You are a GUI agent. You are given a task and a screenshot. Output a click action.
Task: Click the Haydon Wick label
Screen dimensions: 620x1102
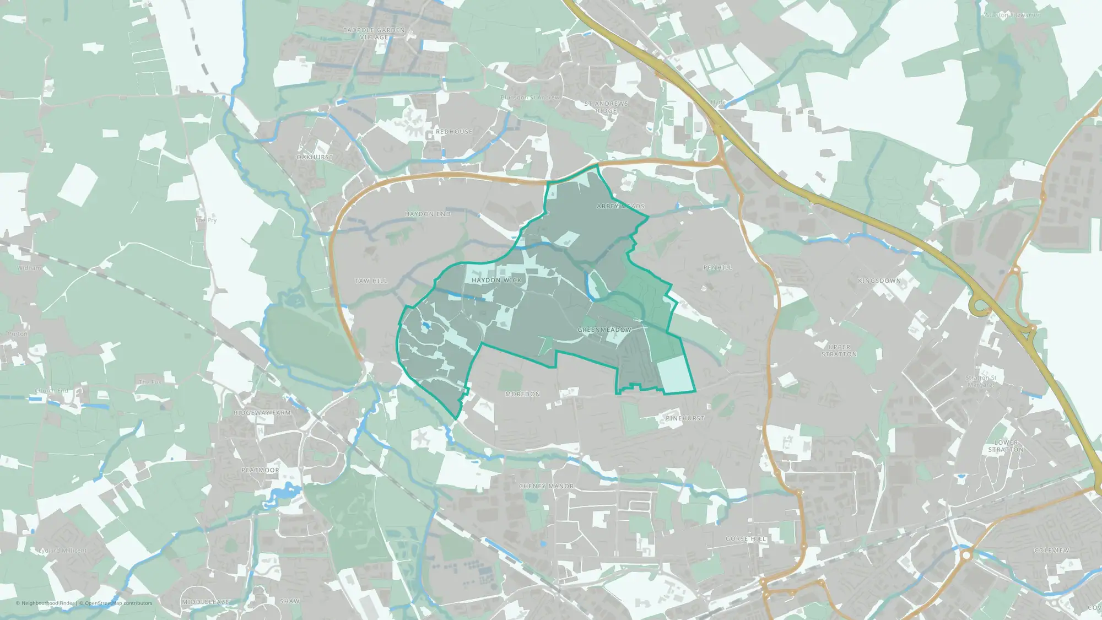[496, 280]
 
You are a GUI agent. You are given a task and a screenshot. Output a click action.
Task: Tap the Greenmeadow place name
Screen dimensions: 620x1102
[604, 330]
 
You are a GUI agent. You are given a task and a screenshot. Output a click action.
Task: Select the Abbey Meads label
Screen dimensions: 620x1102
[620, 206]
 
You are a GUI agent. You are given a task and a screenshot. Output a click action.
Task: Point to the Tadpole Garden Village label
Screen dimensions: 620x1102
[374, 34]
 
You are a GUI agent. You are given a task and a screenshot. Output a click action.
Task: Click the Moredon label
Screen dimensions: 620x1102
[523, 394]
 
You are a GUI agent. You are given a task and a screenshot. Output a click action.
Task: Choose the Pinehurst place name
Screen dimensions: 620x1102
[685, 418]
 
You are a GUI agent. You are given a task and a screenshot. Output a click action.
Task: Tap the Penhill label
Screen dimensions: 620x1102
[718, 267]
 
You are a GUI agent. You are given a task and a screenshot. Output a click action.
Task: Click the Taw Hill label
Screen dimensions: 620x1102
[371, 281]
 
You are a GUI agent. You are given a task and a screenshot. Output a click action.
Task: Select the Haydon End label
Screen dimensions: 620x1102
[428, 214]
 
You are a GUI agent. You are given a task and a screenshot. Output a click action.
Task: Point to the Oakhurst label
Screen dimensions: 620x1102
[315, 157]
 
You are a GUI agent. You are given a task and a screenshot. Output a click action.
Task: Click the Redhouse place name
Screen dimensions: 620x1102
[454, 132]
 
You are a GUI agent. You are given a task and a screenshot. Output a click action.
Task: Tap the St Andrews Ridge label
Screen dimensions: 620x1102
[606, 107]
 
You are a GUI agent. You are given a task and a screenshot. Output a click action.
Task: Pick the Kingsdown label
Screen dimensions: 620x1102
[879, 281]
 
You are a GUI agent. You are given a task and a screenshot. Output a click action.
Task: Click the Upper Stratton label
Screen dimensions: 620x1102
[839, 351]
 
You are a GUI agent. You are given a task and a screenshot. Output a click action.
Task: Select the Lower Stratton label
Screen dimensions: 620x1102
[1006, 446]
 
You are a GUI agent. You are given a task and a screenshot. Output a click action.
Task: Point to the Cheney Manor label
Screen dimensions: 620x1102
[546, 486]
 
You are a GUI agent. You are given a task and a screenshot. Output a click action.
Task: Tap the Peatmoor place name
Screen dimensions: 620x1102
[260, 470]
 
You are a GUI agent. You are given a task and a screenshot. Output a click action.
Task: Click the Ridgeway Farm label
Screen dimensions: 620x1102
[262, 413]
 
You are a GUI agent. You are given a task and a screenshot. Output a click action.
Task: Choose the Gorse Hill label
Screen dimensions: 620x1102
[746, 538]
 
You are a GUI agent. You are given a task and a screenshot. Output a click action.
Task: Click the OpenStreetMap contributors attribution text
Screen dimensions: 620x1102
[118, 603]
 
